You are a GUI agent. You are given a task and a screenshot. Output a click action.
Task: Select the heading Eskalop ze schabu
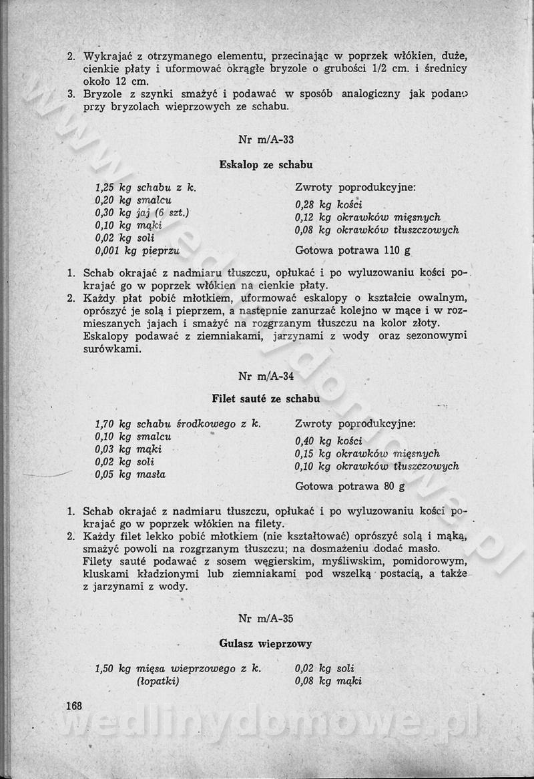pyautogui.click(x=266, y=164)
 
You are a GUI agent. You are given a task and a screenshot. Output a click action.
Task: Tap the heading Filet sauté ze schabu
pyautogui.click(x=266, y=399)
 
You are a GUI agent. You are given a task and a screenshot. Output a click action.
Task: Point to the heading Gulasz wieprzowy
pyautogui.click(x=266, y=643)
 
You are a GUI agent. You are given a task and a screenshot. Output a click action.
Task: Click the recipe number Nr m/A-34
pyautogui.click(x=266, y=376)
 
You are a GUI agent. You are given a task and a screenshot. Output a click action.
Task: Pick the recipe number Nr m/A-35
pyautogui.click(x=266, y=618)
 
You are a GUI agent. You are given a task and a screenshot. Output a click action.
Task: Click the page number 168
pyautogui.click(x=73, y=706)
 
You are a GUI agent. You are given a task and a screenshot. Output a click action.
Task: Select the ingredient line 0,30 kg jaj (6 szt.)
pyautogui.click(x=142, y=213)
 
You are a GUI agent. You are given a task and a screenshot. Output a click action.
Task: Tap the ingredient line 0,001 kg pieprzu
pyautogui.click(x=138, y=250)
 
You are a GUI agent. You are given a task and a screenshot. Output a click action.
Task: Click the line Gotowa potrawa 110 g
pyautogui.click(x=352, y=251)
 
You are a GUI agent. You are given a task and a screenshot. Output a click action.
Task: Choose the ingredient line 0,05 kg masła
pyautogui.click(x=130, y=474)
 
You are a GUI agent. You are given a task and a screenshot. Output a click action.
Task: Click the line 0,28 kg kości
pyautogui.click(x=328, y=205)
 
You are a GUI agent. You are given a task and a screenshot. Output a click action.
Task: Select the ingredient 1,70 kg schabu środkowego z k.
pyautogui.click(x=178, y=424)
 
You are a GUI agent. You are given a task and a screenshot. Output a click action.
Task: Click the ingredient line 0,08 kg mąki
pyautogui.click(x=328, y=682)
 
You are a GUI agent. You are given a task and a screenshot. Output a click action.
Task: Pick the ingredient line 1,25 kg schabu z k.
pyautogui.click(x=146, y=188)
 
